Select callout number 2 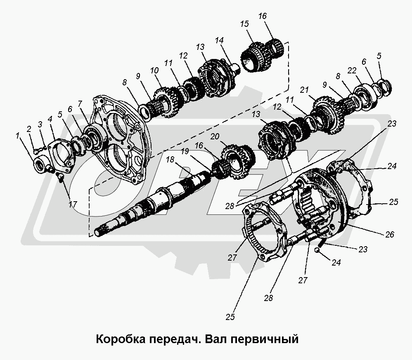[29, 129]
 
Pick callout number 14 [218, 40]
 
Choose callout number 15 [246, 24]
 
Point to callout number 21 [305, 89]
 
